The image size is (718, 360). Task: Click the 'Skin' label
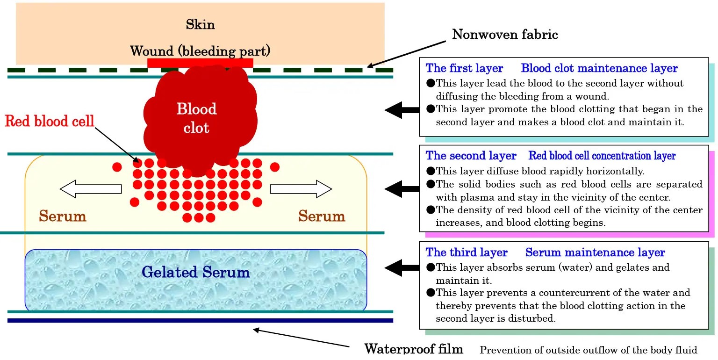pyautogui.click(x=200, y=24)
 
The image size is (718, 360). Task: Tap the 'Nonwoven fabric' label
pyautogui.click(x=504, y=34)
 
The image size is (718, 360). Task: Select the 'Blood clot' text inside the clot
pyautogui.click(x=196, y=118)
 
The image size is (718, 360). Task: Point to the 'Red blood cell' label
pyautogui.click(x=50, y=121)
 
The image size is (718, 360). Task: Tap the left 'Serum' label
pyautogui.click(x=63, y=216)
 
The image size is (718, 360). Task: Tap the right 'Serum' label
pyautogui.click(x=322, y=216)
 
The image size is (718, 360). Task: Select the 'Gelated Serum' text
pyautogui.click(x=196, y=272)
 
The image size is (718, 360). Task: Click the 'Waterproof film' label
pyautogui.click(x=414, y=349)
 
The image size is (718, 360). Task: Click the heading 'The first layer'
pyautogui.click(x=464, y=68)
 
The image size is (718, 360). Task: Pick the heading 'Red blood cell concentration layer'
pyautogui.click(x=602, y=156)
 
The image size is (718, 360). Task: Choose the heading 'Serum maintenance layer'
pyautogui.click(x=595, y=252)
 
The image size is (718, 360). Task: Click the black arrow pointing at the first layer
pyautogui.click(x=402, y=110)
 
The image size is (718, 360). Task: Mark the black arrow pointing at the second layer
pyautogui.click(x=402, y=188)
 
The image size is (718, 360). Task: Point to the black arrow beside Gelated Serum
pyautogui.click(x=402, y=268)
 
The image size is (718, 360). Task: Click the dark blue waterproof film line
pyautogui.click(x=200, y=320)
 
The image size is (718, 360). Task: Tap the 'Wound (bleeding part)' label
pyautogui.click(x=200, y=50)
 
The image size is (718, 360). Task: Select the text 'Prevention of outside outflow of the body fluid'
pyautogui.click(x=588, y=350)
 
